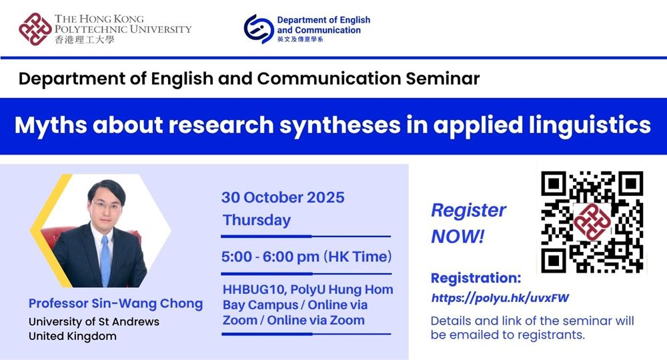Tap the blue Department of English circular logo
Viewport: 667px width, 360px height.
pos(258,29)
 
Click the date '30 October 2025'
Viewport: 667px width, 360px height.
pos(283,197)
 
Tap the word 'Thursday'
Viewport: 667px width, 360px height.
pos(257,220)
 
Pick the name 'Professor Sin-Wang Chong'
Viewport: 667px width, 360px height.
pos(115,303)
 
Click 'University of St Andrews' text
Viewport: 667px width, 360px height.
pos(93,322)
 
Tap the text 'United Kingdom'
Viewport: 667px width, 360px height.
pos(72,336)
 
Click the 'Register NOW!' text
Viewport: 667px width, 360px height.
pos(468,223)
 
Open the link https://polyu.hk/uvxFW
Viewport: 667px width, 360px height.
pos(500,298)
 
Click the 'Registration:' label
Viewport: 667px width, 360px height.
pos(476,278)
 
